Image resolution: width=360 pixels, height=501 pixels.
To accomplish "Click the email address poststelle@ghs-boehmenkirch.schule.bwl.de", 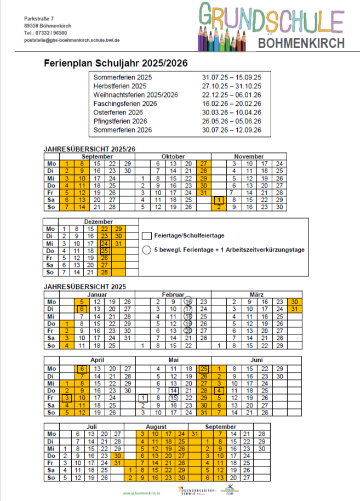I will pos(72,41).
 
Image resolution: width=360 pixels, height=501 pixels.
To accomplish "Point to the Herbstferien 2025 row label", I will pos(119,86).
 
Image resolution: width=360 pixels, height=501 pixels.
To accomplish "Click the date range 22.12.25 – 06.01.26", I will pos(231,95).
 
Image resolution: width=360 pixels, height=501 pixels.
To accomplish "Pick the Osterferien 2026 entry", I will pos(118,112).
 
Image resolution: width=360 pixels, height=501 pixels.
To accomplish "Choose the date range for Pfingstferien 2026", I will pos(231,121).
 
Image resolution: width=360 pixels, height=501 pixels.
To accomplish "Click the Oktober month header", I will pos(173,157).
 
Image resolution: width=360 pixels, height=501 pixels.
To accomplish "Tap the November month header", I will pos(249,157).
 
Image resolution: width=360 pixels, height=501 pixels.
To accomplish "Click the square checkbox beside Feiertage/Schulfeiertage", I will pos(146,236).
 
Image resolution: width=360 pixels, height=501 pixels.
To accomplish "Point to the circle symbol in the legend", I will pos(146,250).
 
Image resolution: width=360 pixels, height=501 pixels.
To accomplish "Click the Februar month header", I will pos(173,294).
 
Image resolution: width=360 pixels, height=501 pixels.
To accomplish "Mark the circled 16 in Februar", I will pos(188,301).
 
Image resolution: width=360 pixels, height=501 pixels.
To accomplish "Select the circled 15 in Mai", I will pos(174,397).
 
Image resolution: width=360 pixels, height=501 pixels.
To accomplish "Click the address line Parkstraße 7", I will pos(38,19).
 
